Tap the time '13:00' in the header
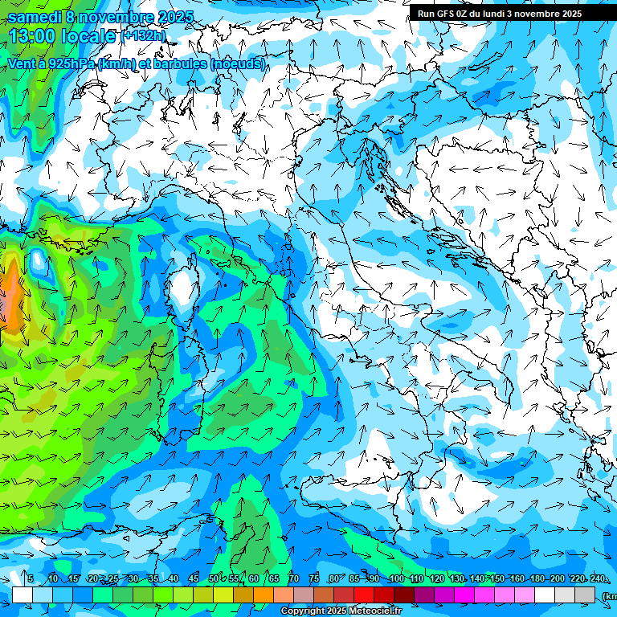pos(33,36)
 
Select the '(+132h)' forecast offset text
pos(144,36)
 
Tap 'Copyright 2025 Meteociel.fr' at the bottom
pos(341,611)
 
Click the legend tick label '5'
pos(31,578)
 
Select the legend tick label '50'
pos(213,578)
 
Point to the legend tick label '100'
pos(396,578)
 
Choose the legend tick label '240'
pos(598,578)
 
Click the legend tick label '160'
pos(517,578)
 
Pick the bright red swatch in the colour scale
pos(364,595)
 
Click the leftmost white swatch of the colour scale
pos(22,595)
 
